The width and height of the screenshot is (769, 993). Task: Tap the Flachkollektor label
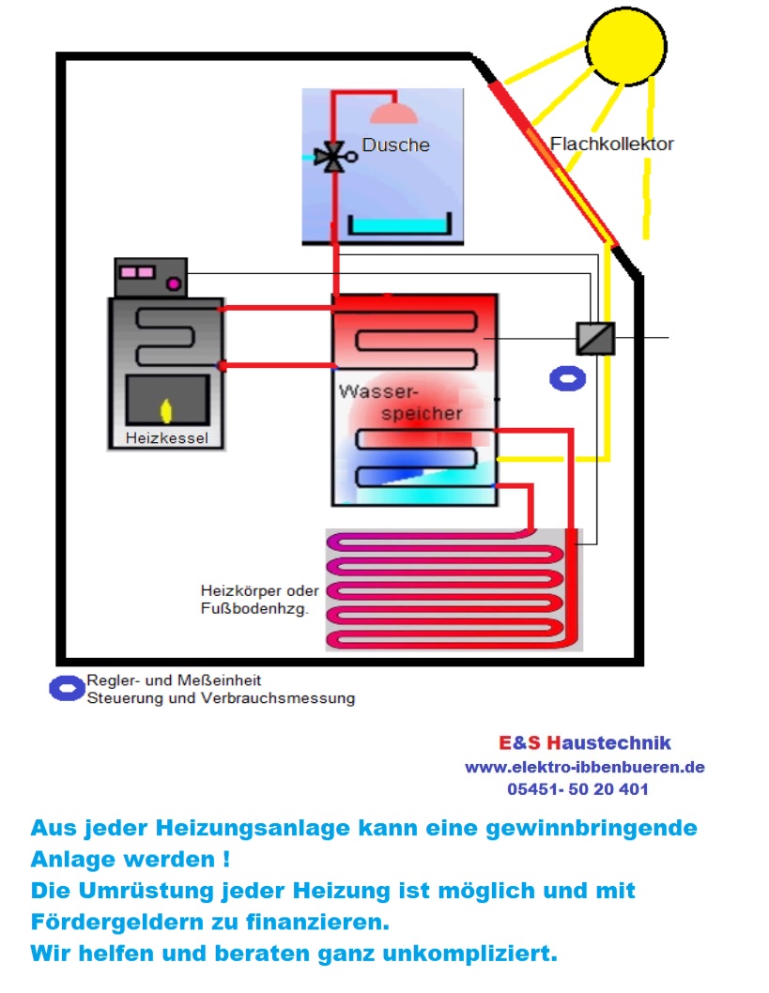[611, 145]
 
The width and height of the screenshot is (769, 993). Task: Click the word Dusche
[395, 145]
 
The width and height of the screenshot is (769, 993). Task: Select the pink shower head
[393, 113]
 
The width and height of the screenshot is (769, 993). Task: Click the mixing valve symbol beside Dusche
[331, 158]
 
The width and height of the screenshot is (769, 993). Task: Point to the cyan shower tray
[400, 226]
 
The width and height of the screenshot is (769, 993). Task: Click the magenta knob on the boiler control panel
[173, 283]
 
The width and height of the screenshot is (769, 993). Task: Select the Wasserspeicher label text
[400, 401]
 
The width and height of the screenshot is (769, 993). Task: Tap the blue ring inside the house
[567, 378]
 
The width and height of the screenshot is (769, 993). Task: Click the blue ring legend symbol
[67, 688]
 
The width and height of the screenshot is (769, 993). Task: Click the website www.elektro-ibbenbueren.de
[584, 767]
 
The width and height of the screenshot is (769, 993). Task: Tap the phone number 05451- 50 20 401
[577, 789]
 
